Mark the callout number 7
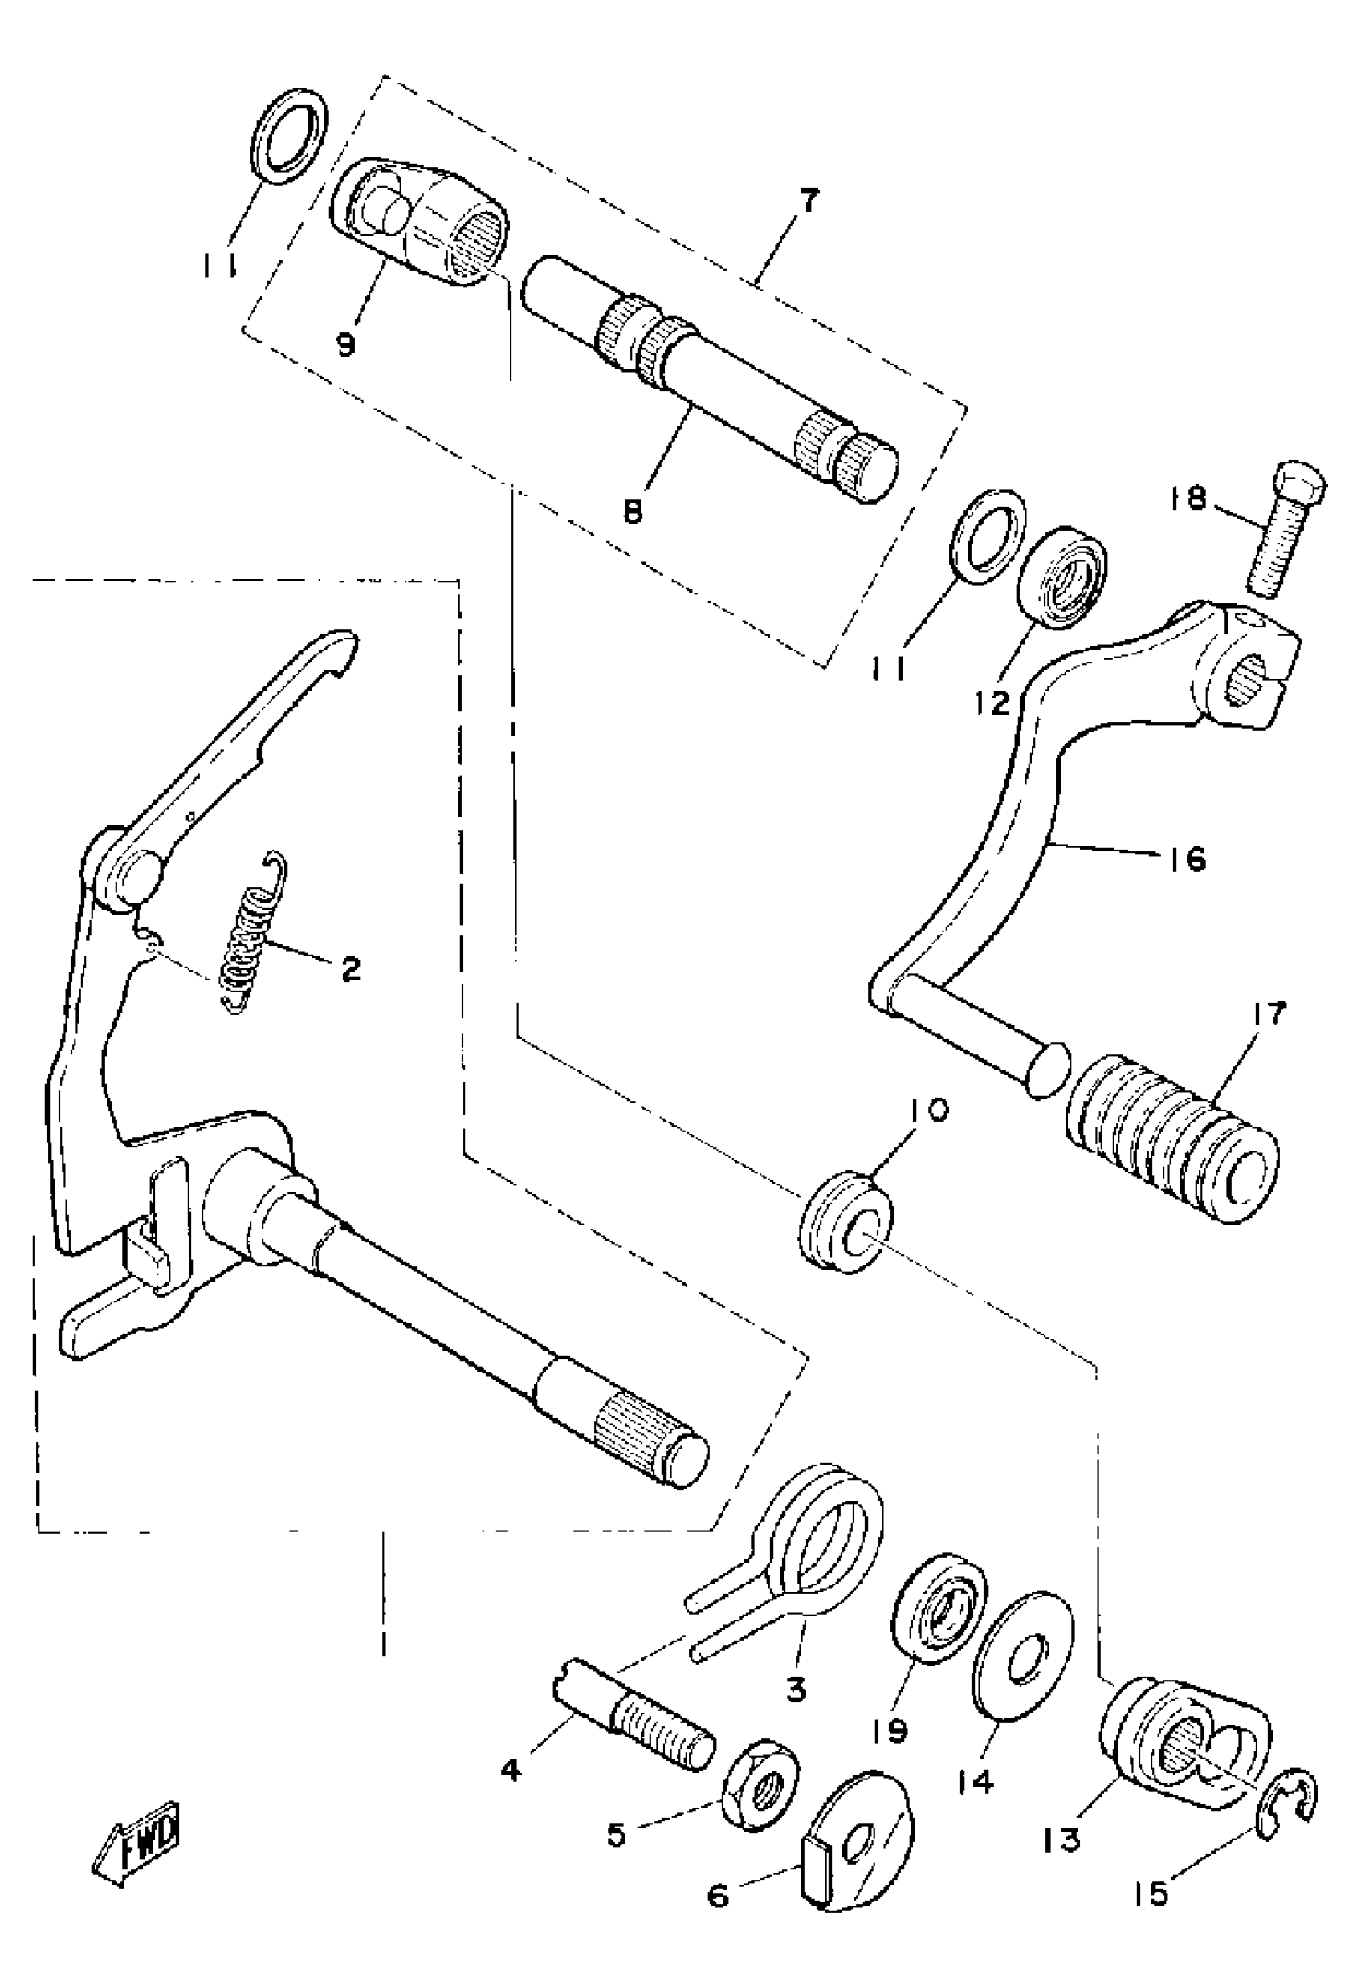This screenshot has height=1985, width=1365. [805, 202]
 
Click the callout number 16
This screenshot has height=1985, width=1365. [1184, 858]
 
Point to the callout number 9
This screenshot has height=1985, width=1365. [345, 345]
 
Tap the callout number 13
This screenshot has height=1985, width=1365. [1063, 1838]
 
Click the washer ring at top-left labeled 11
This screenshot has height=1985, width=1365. [291, 135]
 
